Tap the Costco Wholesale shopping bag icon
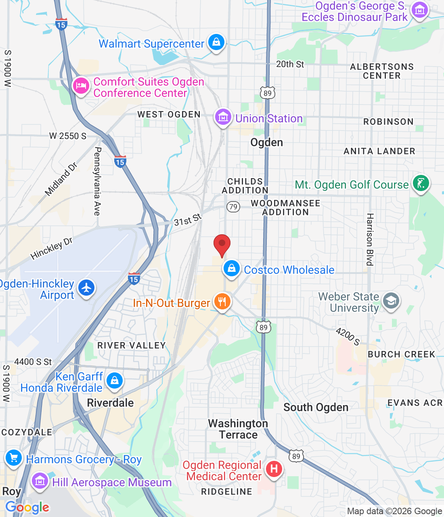click(232, 269)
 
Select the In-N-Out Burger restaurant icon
click(222, 301)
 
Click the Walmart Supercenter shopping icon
click(216, 42)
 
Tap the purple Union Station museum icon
click(223, 117)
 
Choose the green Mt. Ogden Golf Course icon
click(421, 184)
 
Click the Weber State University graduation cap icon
click(391, 301)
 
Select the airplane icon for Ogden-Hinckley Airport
click(86, 288)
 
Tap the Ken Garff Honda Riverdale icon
click(114, 381)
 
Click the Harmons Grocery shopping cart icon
click(14, 458)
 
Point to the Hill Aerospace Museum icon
click(40, 481)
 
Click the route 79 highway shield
click(233, 207)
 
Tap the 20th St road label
click(290, 64)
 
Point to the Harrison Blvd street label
click(370, 239)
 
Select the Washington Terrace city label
click(238, 429)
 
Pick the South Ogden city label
click(316, 407)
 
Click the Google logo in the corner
click(27, 507)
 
